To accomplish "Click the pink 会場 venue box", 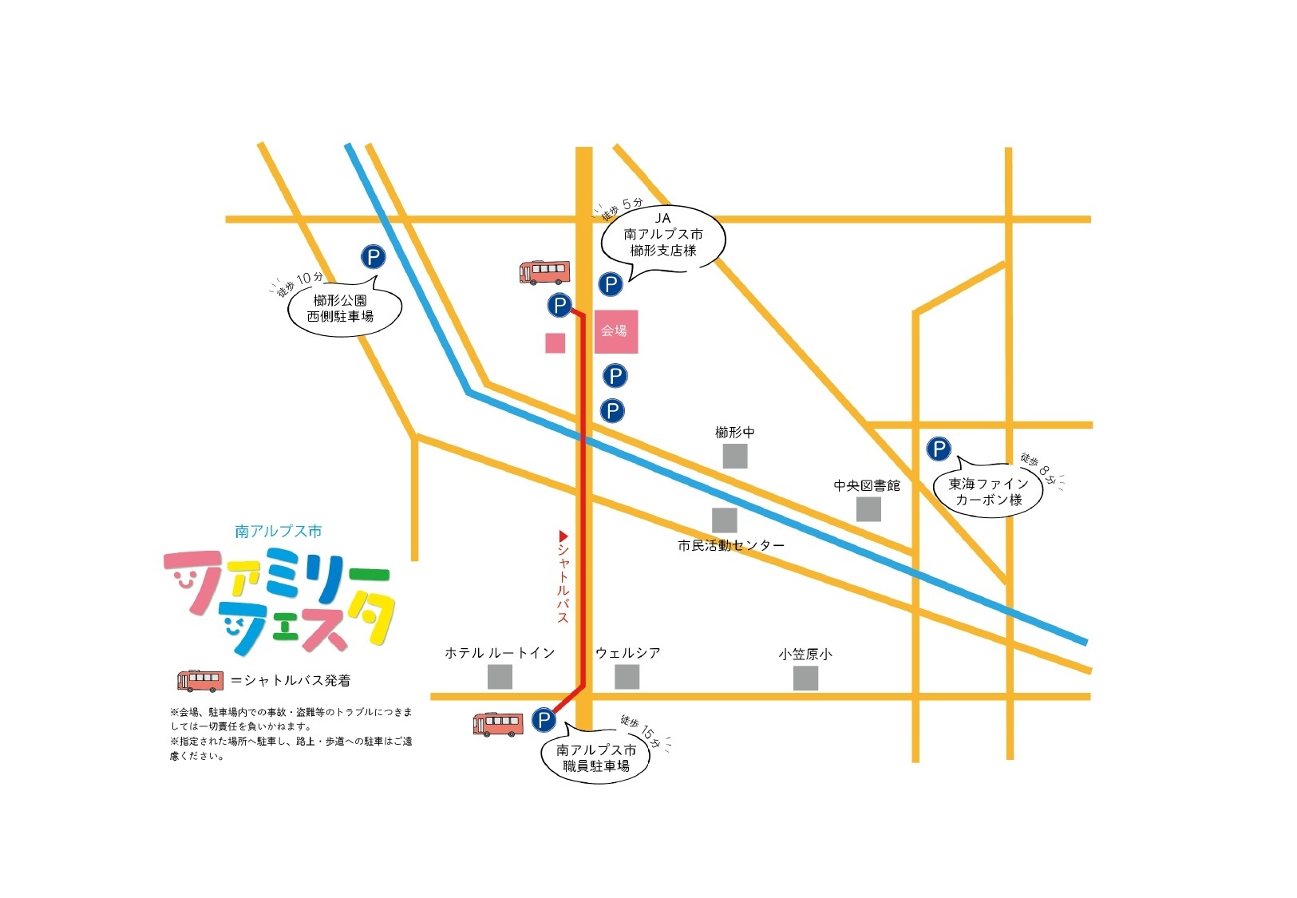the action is tap(615, 331).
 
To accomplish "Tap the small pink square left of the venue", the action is tap(555, 342).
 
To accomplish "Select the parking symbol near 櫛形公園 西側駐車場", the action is tap(373, 256).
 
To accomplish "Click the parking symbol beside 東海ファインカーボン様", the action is tap(938, 449).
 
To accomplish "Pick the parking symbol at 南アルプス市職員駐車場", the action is tap(543, 720).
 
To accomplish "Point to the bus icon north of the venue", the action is tap(544, 272).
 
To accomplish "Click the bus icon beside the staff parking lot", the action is tap(498, 723).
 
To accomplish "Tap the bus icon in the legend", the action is tap(200, 680).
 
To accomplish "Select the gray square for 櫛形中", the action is tap(734, 456).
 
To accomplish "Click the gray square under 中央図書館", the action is tap(868, 508).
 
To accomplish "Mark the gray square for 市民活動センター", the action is tap(724, 520).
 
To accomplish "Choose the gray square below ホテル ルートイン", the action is tap(500, 677).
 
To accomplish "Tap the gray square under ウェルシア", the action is tap(627, 677).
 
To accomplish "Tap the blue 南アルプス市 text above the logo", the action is tap(279, 531).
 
